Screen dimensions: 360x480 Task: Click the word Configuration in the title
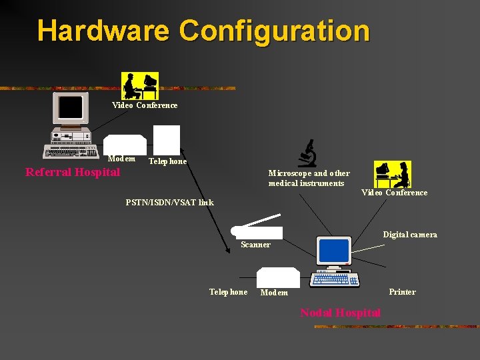[274, 31]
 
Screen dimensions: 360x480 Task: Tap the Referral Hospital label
[73, 173]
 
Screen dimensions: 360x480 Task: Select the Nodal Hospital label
[340, 313]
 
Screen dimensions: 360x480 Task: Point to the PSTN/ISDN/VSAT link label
[170, 202]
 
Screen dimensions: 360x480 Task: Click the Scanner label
[255, 245]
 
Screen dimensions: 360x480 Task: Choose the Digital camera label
[410, 235]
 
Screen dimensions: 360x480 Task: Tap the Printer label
[402, 292]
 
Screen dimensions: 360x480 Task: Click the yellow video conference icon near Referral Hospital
[141, 85]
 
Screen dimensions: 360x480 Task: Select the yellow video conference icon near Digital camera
[392, 174]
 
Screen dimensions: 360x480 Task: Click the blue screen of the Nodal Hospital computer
[334, 251]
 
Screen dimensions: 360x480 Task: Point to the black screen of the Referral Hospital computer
[71, 107]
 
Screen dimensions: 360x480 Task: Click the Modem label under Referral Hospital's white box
[121, 159]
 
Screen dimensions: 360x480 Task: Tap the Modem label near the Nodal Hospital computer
[274, 293]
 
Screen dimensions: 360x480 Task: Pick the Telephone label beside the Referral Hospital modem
[167, 161]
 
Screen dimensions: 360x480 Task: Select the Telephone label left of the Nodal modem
[228, 292]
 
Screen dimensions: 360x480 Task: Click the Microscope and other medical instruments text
[309, 178]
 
